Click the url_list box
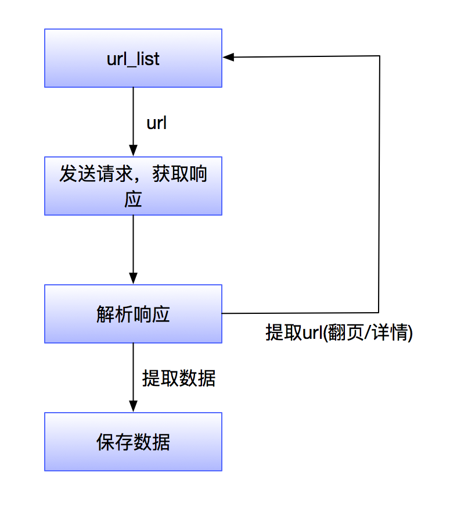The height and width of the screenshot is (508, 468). (x=133, y=58)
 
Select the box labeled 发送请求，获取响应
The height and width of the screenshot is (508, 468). (x=133, y=186)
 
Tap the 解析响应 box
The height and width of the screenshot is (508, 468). (x=133, y=314)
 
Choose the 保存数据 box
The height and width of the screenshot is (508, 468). (x=133, y=442)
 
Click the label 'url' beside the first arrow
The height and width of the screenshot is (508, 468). (x=157, y=123)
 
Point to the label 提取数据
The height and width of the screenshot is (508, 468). (x=179, y=378)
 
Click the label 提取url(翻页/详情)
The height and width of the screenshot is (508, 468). (x=339, y=333)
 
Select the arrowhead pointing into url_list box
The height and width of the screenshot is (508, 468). (x=228, y=56)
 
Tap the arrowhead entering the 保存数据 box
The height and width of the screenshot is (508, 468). (x=133, y=407)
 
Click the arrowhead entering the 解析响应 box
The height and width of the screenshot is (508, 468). (x=133, y=280)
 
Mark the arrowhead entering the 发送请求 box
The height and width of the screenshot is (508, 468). (x=133, y=152)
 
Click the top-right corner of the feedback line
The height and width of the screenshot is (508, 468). (x=380, y=56)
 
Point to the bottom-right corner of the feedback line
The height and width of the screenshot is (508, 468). (x=379, y=313)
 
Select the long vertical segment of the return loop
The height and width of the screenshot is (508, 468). (x=380, y=186)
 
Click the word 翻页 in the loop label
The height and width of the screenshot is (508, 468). (x=344, y=333)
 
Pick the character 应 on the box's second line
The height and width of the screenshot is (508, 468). (x=133, y=200)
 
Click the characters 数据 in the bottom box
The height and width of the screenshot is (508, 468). (x=152, y=442)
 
